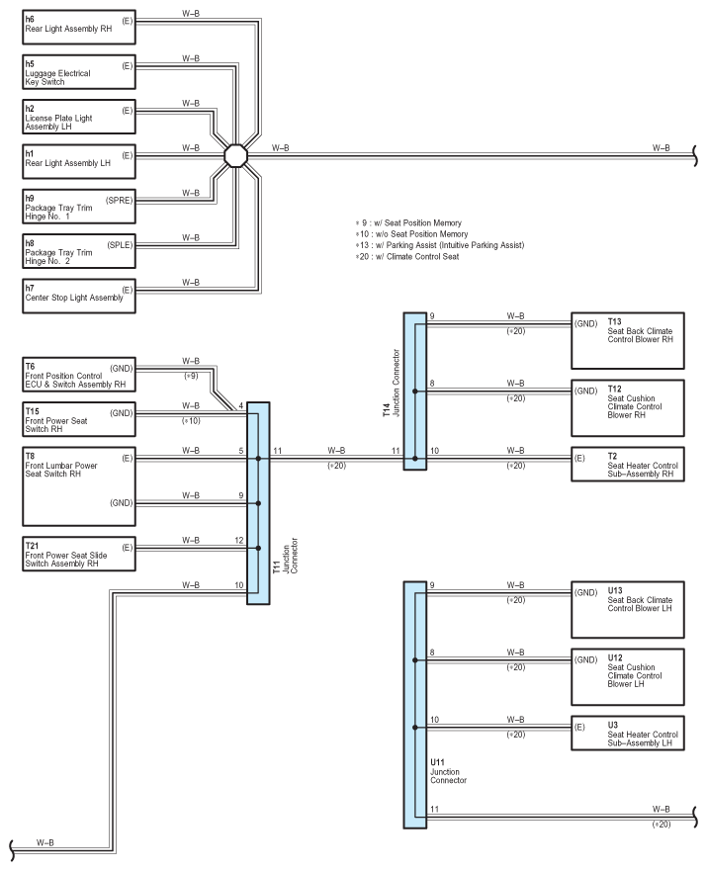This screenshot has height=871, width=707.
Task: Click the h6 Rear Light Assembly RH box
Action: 79,28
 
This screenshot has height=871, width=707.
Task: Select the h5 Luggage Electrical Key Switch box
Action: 79,71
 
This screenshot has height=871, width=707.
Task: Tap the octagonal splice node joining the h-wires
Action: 235,155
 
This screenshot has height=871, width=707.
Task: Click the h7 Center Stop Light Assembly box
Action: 79,296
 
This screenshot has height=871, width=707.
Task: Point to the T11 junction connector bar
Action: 258,503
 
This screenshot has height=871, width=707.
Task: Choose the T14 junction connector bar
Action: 415,392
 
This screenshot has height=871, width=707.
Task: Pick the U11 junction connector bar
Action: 415,705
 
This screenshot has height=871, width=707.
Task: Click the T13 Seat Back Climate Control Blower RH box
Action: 628,340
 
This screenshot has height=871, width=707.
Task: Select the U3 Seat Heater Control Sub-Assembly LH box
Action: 628,734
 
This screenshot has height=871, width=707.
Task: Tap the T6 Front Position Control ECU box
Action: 79,375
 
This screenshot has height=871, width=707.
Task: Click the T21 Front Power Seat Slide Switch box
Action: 79,554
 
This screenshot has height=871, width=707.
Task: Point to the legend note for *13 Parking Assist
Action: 440,245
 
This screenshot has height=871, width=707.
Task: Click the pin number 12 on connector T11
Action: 239,540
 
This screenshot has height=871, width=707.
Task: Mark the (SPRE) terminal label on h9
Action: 120,200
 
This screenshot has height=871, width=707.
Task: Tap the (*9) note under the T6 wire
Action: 191,376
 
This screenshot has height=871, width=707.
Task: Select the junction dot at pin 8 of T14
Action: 415,392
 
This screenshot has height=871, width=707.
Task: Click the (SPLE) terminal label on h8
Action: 120,245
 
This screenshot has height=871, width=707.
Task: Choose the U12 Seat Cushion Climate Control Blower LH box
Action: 628,677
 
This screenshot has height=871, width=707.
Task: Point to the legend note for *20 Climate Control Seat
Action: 407,257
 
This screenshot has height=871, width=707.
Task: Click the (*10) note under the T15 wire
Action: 191,421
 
